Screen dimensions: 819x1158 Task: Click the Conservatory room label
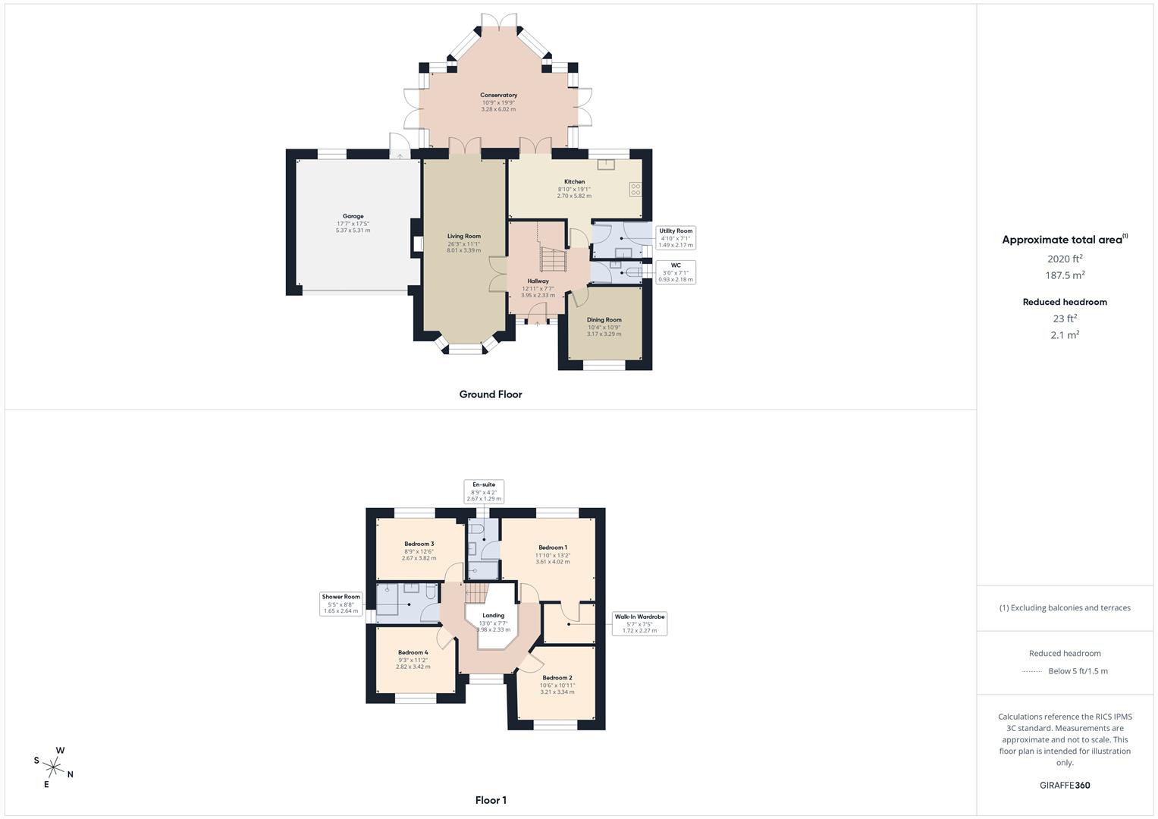click(498, 96)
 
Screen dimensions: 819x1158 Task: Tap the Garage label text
click(353, 217)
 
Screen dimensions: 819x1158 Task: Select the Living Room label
click(463, 237)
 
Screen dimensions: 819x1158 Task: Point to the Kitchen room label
click(574, 182)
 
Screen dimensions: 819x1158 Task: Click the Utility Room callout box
click(675, 237)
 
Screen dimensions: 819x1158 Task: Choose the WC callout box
click(675, 272)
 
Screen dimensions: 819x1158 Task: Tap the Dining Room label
click(604, 320)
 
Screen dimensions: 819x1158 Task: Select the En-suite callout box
click(483, 491)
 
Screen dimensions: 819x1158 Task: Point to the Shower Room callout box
click(340, 604)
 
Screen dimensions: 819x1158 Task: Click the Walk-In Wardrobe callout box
click(639, 623)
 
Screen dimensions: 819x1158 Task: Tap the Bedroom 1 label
click(553, 548)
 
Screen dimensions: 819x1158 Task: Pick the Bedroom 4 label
click(413, 652)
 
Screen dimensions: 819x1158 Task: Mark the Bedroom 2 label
click(557, 678)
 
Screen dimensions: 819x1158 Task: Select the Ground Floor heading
click(490, 394)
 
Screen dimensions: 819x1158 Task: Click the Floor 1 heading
click(490, 800)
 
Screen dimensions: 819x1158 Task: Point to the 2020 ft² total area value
click(1065, 259)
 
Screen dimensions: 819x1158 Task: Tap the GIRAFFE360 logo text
click(1065, 786)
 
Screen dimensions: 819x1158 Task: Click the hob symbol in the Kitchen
click(635, 189)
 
